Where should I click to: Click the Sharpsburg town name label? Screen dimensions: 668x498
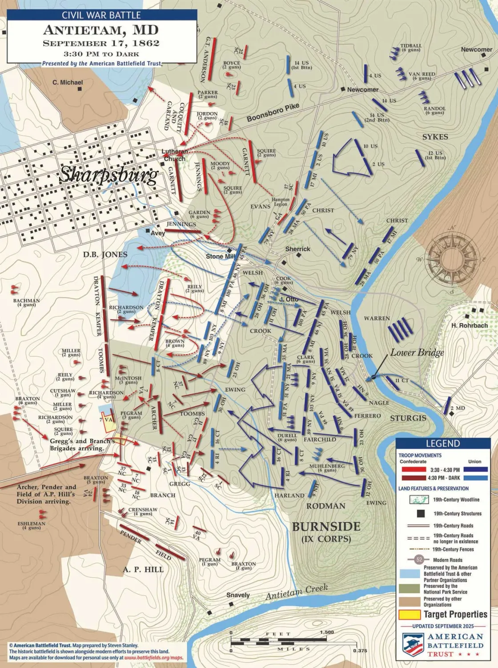109,175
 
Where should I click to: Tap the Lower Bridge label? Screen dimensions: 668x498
417,352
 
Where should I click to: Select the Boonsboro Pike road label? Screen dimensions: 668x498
273,113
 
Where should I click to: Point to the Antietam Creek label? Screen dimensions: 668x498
297,592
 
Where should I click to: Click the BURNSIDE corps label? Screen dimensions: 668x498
326,527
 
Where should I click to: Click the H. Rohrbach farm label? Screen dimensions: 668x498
469,326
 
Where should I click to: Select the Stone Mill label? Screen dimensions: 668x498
220,257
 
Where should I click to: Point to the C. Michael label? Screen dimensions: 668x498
68,82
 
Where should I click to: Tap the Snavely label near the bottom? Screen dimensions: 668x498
238,595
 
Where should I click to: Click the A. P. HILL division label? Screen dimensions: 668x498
143,569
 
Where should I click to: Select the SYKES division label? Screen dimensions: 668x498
435,137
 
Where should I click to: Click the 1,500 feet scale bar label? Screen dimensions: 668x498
327,632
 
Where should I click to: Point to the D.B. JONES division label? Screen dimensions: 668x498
105,254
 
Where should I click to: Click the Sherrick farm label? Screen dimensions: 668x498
297,249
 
